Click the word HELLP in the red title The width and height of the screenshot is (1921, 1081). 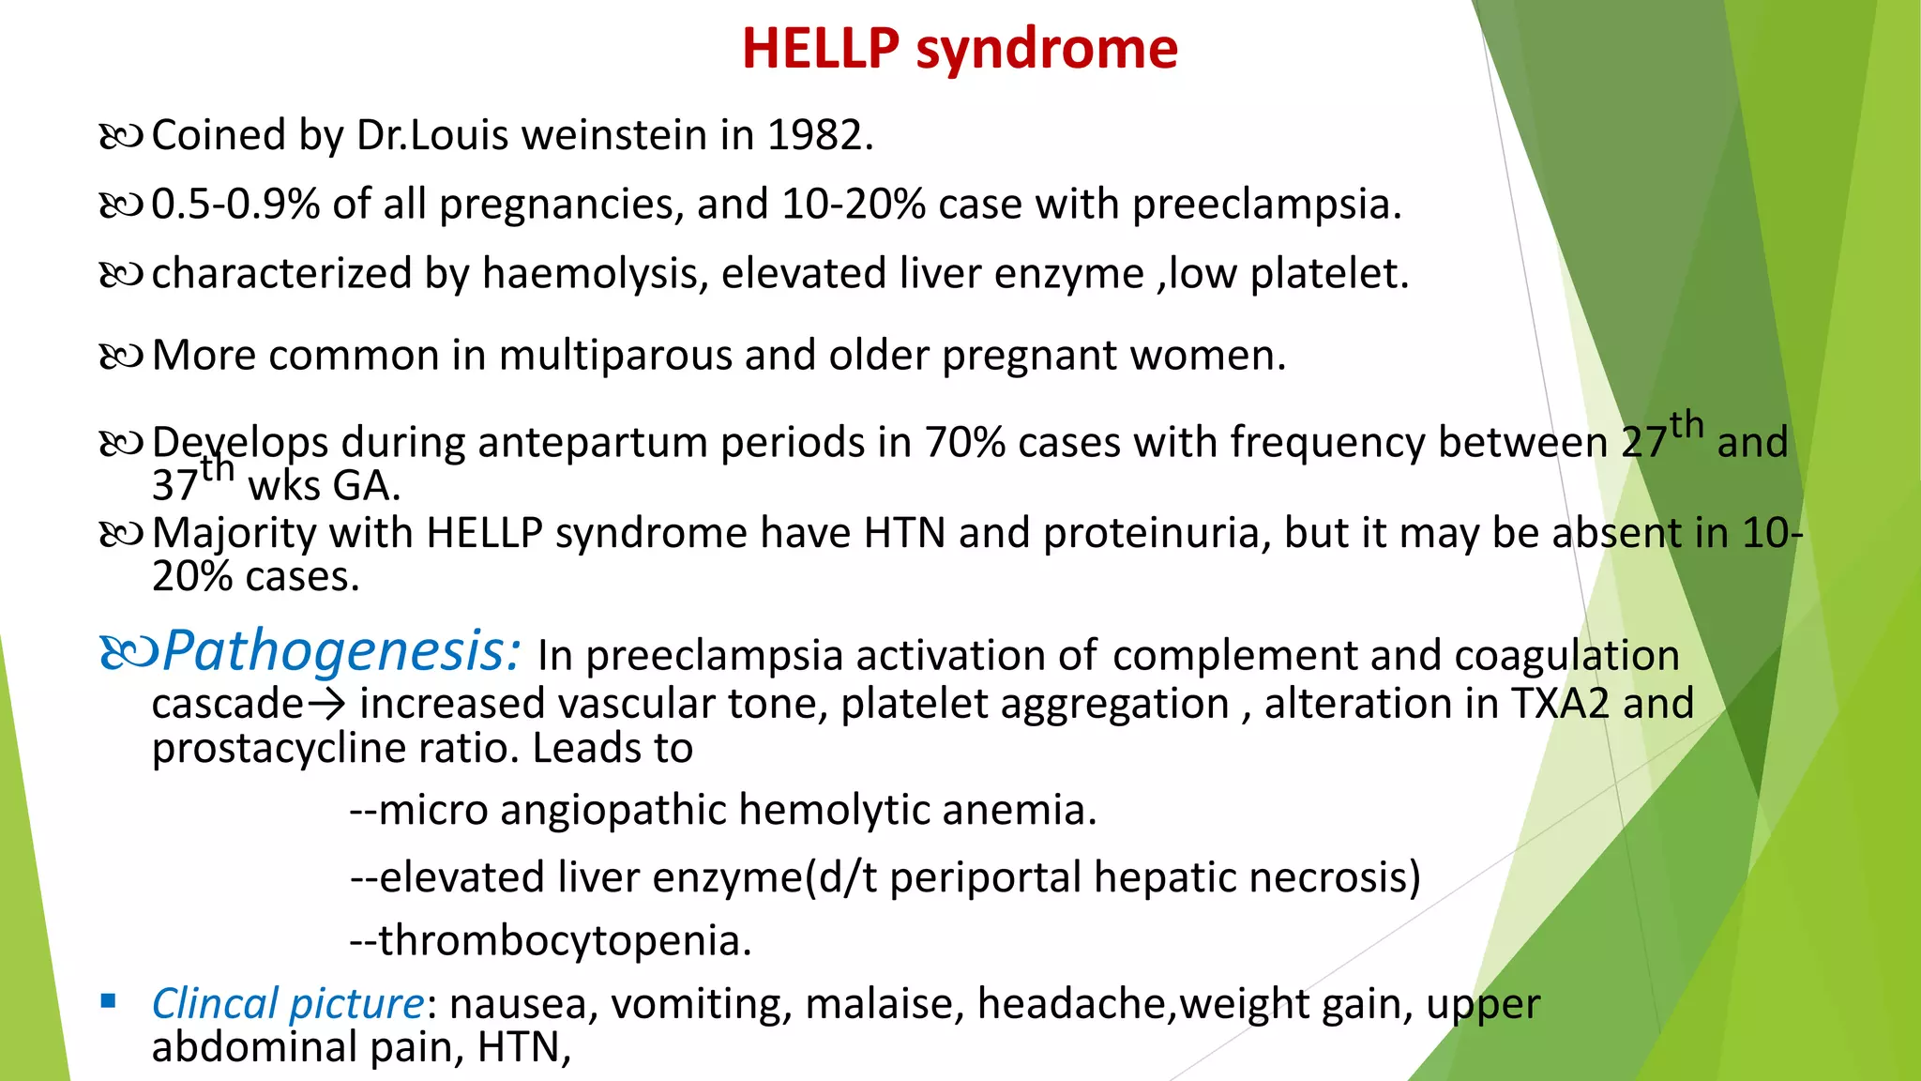[x=821, y=49]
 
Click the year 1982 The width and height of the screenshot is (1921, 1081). [x=820, y=136]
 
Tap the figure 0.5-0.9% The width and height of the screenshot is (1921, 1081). [x=235, y=205]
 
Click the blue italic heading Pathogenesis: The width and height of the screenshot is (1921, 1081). [x=341, y=651]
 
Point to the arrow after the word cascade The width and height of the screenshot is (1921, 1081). [x=326, y=704]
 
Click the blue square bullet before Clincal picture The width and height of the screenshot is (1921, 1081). [x=109, y=1001]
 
